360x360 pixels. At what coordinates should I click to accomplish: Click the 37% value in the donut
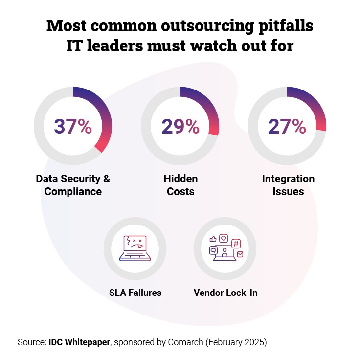[x=73, y=126]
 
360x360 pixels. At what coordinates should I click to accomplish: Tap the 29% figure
[x=180, y=126]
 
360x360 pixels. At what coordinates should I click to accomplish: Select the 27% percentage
[x=287, y=126]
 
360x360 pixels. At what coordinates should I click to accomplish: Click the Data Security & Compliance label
[x=73, y=185]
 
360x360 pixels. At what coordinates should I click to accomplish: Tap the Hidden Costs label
[x=180, y=185]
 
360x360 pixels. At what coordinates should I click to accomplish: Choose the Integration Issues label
[x=288, y=185]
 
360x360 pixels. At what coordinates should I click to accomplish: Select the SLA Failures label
[x=135, y=293]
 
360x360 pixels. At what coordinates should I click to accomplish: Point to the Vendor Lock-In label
[x=225, y=293]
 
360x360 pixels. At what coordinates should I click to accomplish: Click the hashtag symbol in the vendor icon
[x=236, y=243]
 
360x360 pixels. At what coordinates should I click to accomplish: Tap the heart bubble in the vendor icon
[x=224, y=238]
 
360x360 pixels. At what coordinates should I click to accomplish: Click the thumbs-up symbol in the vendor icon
[x=213, y=239]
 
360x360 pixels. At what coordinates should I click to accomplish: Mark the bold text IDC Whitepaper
[x=80, y=342]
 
